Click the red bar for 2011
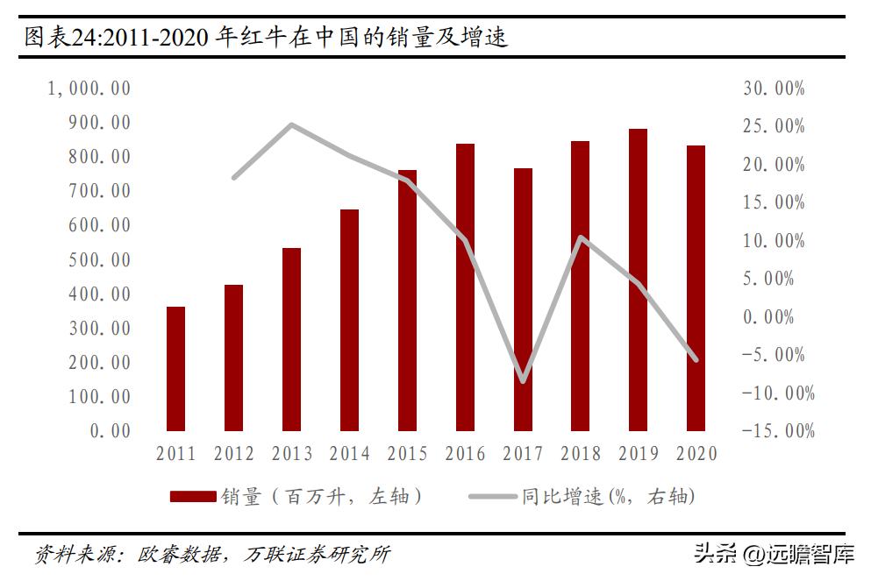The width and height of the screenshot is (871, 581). [175, 369]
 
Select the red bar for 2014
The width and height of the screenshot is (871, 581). [349, 321]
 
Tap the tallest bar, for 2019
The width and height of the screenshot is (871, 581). [639, 280]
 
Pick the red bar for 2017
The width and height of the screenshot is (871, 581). [523, 300]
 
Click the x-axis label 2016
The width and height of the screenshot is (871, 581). [465, 454]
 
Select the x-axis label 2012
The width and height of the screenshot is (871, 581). [233, 454]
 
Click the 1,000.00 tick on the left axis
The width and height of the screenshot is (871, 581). [88, 89]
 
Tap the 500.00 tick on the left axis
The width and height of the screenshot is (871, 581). [98, 259]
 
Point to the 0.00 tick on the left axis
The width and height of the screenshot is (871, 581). [110, 430]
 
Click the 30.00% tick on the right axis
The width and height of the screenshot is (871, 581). [773, 89]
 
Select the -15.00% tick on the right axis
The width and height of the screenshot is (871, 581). [777, 430]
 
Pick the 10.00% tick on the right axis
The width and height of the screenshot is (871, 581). [773, 241]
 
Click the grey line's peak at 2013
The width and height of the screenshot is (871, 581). [291, 124]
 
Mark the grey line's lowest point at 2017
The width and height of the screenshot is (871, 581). [523, 381]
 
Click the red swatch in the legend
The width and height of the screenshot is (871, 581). [192, 497]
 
